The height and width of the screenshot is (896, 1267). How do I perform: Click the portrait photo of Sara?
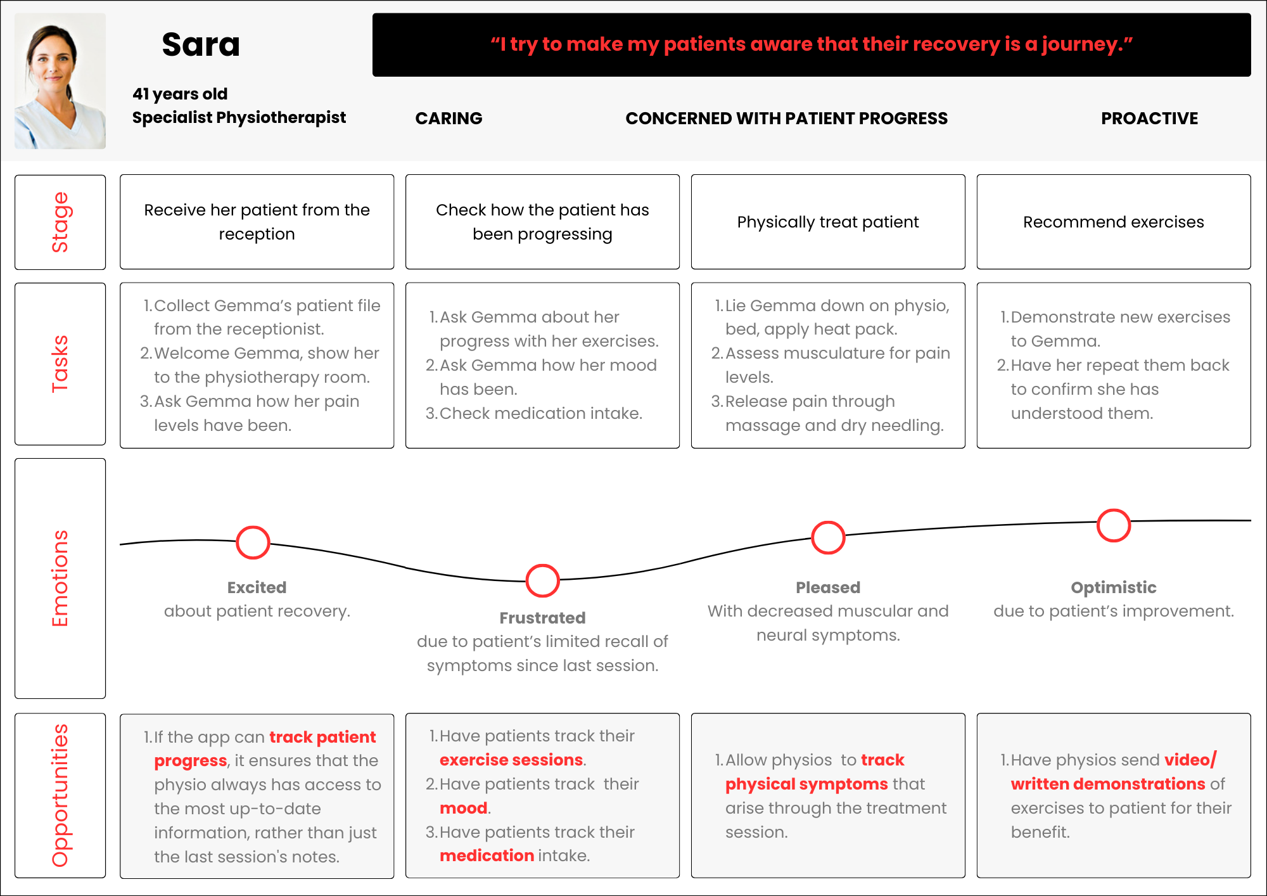point(60,81)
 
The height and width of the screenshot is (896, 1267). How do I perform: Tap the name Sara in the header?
point(201,45)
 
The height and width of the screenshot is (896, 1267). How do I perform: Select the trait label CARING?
point(449,118)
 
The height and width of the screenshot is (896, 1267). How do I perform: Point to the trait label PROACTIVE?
point(1149,118)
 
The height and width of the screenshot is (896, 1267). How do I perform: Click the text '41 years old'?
point(180,94)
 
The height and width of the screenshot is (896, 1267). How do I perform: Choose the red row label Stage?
point(60,222)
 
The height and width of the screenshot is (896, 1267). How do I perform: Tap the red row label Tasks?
point(60,364)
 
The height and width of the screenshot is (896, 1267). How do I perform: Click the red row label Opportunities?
point(60,795)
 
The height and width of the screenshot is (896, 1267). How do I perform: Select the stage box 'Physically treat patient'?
point(827,222)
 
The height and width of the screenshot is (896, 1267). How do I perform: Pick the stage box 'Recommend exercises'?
point(1113,222)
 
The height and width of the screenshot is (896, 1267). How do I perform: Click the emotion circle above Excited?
point(253,542)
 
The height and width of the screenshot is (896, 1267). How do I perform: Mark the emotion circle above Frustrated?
point(542,580)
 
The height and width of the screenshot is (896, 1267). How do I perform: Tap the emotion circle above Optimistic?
point(1113,525)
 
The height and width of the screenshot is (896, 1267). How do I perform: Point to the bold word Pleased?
point(827,587)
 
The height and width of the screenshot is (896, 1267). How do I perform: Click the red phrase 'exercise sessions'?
point(511,760)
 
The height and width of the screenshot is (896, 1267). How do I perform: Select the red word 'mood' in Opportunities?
point(464,808)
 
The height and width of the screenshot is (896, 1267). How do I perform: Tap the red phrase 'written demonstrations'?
point(1108,784)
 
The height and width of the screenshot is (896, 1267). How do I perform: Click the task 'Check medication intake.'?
point(540,413)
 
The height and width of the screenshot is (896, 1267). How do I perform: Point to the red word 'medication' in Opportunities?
point(487,855)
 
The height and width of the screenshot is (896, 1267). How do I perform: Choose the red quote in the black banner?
point(811,44)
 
